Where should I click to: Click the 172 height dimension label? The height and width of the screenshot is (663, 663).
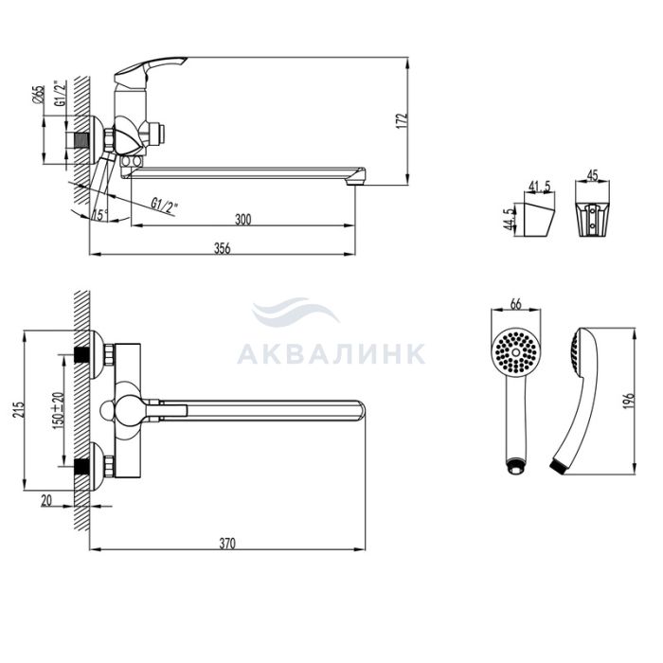tap(403, 121)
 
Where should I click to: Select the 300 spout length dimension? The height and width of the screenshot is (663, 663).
tap(242, 220)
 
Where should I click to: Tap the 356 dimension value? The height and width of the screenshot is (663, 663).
tap(222, 248)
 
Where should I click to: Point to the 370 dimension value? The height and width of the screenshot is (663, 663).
tap(227, 544)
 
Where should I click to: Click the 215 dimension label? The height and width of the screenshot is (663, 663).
tap(19, 410)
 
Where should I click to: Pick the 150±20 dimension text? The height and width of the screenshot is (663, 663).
tap(58, 410)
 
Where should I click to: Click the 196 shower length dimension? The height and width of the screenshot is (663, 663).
tap(630, 401)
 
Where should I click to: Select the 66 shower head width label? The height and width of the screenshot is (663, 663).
tap(516, 304)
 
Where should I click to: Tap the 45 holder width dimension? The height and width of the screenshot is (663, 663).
tap(593, 175)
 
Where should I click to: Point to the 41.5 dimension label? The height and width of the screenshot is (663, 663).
tap(540, 186)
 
